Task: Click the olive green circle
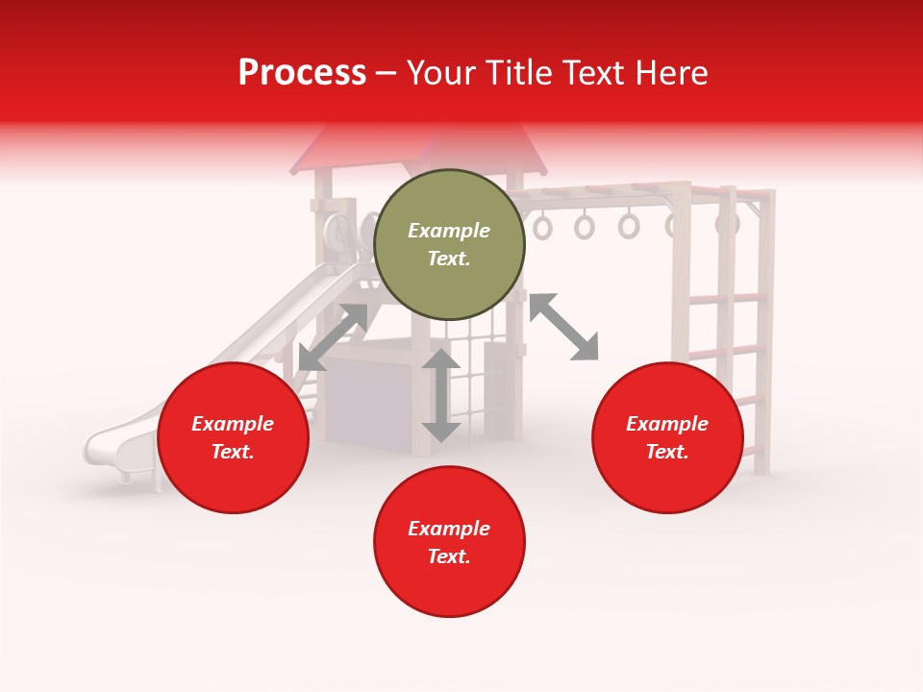pos(449,244)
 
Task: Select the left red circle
pos(233,437)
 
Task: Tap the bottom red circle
pos(449,542)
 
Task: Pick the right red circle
pos(666,437)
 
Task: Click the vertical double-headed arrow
pos(441,395)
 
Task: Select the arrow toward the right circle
pos(563,327)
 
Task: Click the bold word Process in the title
pos(302,72)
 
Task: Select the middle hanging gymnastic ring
pos(585,227)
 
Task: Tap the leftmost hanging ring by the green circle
pos(543,228)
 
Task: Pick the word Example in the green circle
pos(449,231)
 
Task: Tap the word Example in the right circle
pos(666,424)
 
